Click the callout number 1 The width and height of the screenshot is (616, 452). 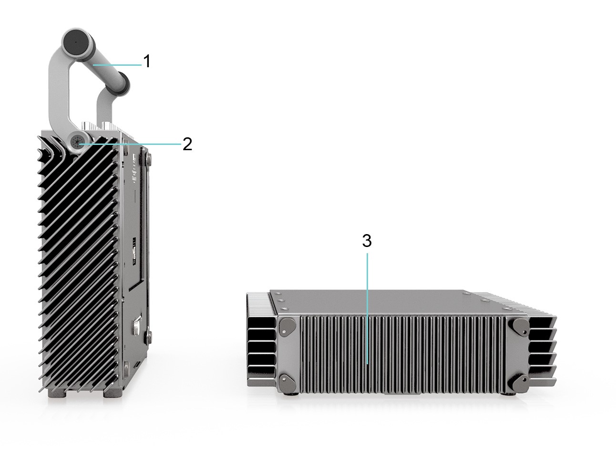(147, 61)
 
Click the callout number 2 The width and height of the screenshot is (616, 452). (187, 144)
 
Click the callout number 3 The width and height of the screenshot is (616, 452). (366, 241)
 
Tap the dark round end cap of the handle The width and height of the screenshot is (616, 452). (74, 42)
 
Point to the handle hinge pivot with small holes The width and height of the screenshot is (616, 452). (77, 142)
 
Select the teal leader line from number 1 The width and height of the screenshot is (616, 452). (117, 64)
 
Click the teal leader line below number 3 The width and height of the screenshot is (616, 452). (367, 310)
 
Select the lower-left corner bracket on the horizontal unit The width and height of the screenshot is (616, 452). (287, 382)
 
